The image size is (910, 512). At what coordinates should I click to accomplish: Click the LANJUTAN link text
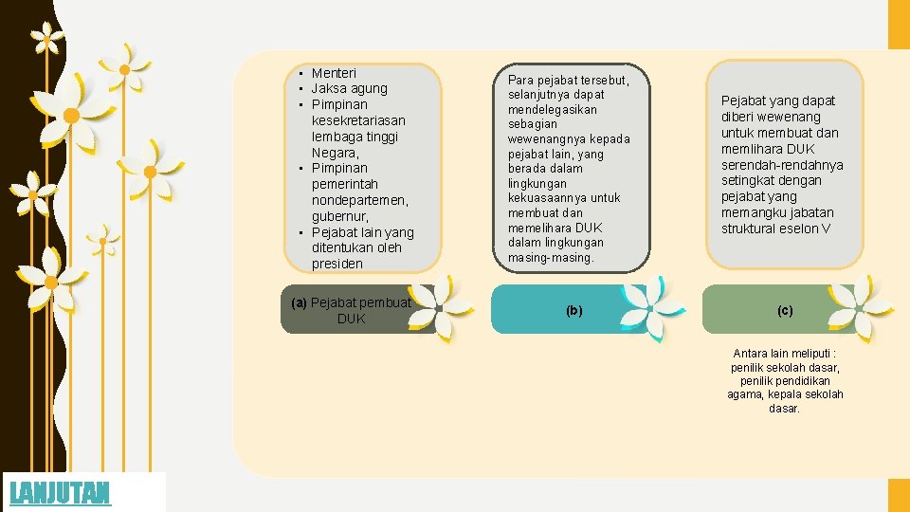tap(60, 493)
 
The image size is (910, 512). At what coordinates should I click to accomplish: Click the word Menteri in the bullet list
tap(334, 73)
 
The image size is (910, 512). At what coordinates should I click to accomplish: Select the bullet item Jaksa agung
tap(349, 88)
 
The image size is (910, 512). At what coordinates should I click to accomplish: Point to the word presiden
tap(337, 264)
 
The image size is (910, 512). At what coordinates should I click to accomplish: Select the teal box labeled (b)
tap(574, 310)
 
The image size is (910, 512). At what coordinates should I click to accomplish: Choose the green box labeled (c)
tap(785, 310)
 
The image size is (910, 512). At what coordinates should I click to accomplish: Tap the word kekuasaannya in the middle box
tap(550, 198)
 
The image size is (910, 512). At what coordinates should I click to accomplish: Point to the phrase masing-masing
tap(551, 257)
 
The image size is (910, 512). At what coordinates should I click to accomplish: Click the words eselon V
tap(810, 229)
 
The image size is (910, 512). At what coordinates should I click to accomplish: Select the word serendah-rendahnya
tap(782, 165)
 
